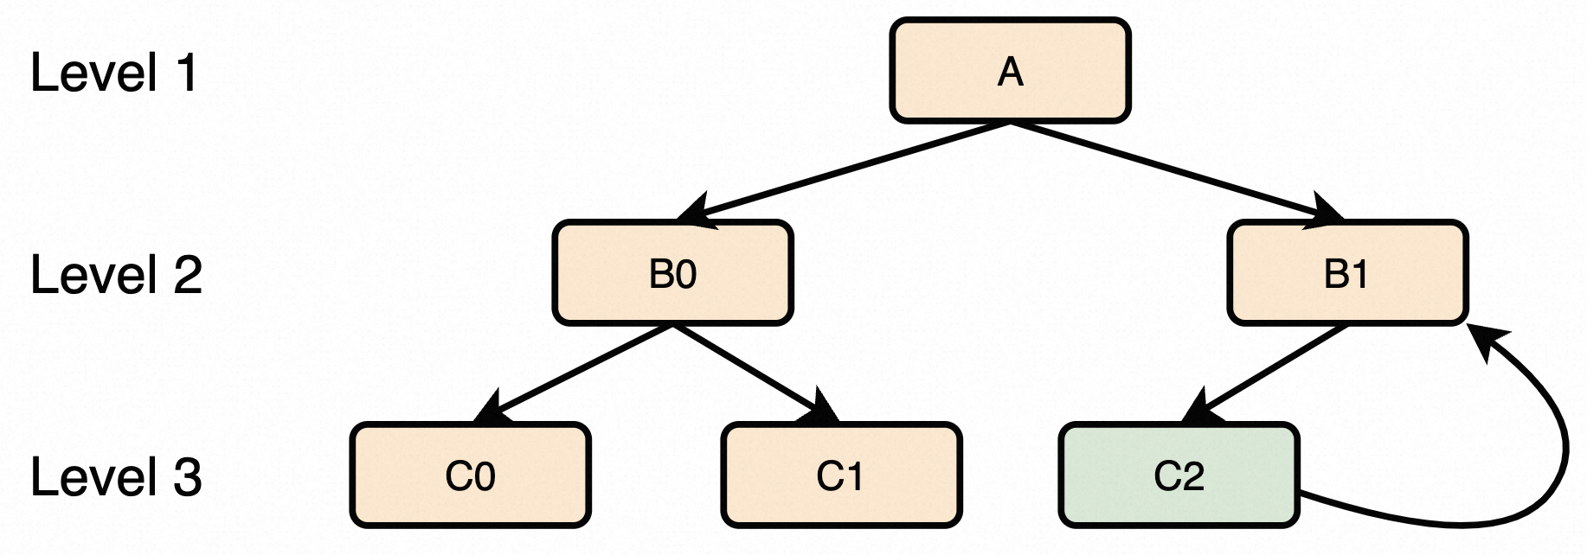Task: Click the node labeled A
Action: point(1010,71)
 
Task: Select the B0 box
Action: point(673,273)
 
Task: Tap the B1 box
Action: point(1347,273)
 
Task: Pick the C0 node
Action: point(471,475)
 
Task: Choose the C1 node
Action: point(841,475)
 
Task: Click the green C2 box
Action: point(1179,475)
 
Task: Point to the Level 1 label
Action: point(114,73)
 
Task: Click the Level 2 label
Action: point(116,275)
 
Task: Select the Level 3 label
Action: point(116,477)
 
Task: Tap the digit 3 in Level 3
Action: point(187,477)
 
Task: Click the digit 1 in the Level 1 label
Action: point(186,73)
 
